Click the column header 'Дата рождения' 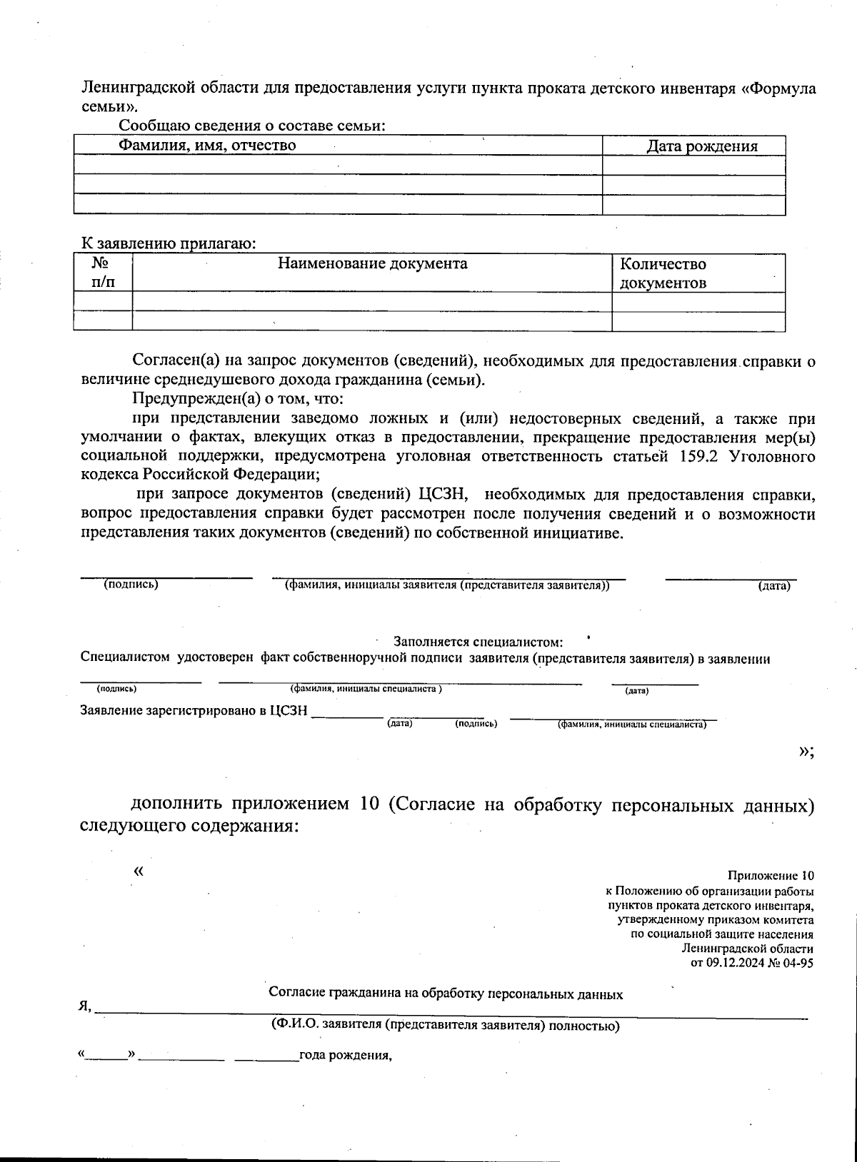[701, 146]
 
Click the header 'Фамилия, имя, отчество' [207, 146]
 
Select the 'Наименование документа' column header [372, 264]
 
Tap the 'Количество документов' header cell [663, 273]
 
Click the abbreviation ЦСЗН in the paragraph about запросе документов [445, 495]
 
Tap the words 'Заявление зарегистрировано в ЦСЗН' [194, 711]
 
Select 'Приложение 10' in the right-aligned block [770, 876]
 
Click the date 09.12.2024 [733, 963]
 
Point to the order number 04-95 [798, 963]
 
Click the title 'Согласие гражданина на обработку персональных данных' [446, 994]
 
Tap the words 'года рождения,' [346, 1056]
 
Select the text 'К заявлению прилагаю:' [168, 243]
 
